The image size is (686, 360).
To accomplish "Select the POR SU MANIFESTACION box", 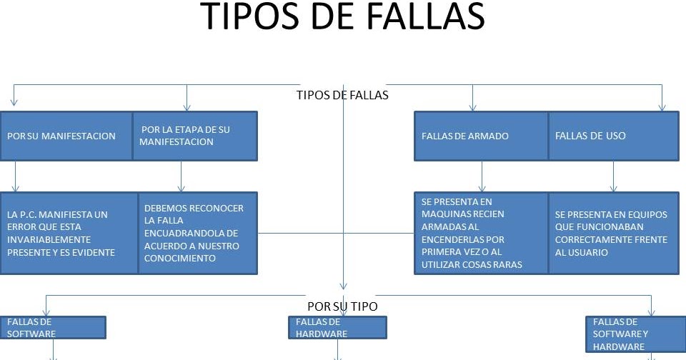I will tap(66, 136).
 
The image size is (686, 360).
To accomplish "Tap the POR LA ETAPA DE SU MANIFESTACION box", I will tap(195, 136).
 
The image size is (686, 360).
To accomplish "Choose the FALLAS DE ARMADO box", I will tap(482, 136).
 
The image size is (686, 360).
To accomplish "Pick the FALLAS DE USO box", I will tap(613, 136).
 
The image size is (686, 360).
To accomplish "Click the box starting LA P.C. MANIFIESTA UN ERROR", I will tap(69, 233).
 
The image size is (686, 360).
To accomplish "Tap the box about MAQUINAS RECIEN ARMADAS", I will tap(482, 233).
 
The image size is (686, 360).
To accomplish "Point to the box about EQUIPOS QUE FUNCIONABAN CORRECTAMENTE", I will tap(613, 233).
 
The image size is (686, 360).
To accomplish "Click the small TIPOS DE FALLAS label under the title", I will tap(342, 94).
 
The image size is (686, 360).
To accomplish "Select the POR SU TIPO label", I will tap(342, 306).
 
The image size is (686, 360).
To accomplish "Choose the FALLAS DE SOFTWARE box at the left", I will tap(53, 327).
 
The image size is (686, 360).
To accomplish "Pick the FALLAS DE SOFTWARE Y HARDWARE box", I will tap(635, 334).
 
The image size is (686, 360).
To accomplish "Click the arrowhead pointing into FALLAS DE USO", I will tap(662, 107).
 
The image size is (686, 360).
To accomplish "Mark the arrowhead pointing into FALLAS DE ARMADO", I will tap(472, 107).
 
